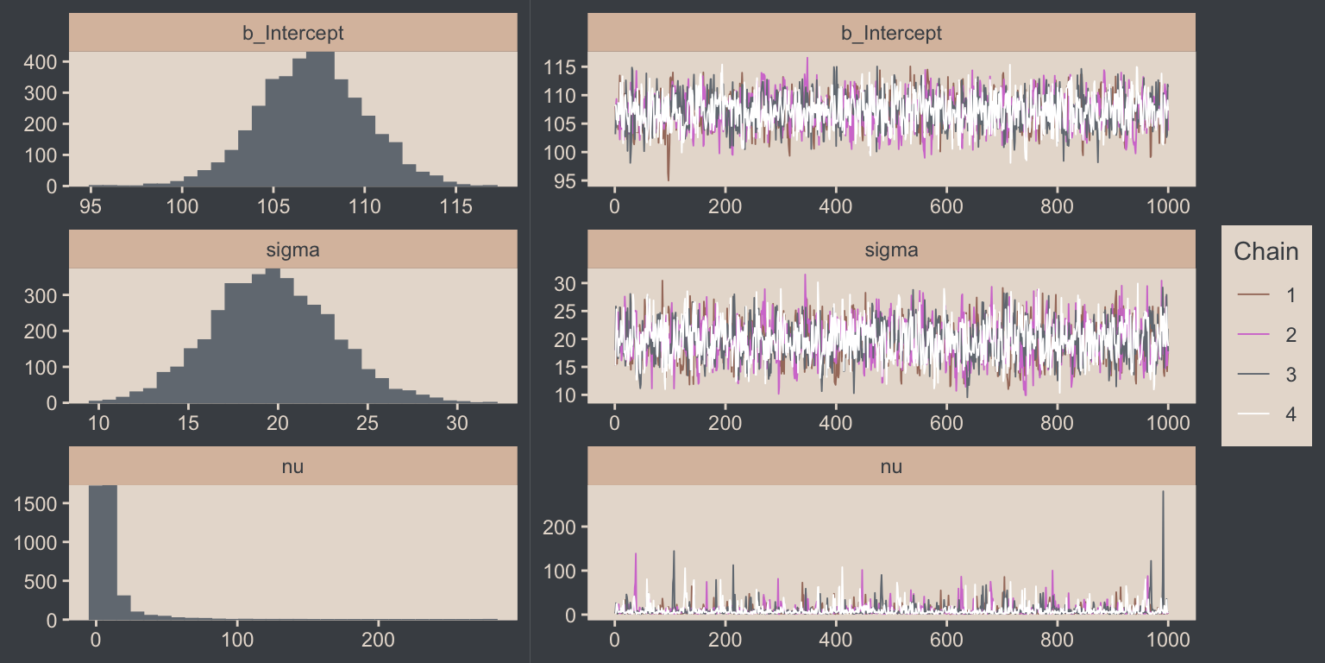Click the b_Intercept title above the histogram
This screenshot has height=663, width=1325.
(x=292, y=34)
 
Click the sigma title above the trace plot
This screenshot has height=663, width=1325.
(x=891, y=250)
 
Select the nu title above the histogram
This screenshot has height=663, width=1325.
(x=292, y=467)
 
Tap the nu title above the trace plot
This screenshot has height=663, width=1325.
(x=891, y=467)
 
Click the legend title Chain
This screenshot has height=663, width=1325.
(x=1265, y=252)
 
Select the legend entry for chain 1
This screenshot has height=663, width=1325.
(x=1266, y=295)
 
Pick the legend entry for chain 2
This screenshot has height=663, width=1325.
(x=1266, y=335)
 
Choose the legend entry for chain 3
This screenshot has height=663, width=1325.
(x=1266, y=375)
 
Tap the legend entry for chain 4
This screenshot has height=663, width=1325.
(x=1266, y=414)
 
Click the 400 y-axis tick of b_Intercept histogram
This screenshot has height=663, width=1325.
(x=41, y=62)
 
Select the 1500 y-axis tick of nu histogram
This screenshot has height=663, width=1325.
(x=35, y=503)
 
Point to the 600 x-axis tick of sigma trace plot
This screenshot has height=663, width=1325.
(x=946, y=424)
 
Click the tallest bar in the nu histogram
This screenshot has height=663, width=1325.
(x=103, y=552)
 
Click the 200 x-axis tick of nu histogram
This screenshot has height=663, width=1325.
(x=378, y=641)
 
